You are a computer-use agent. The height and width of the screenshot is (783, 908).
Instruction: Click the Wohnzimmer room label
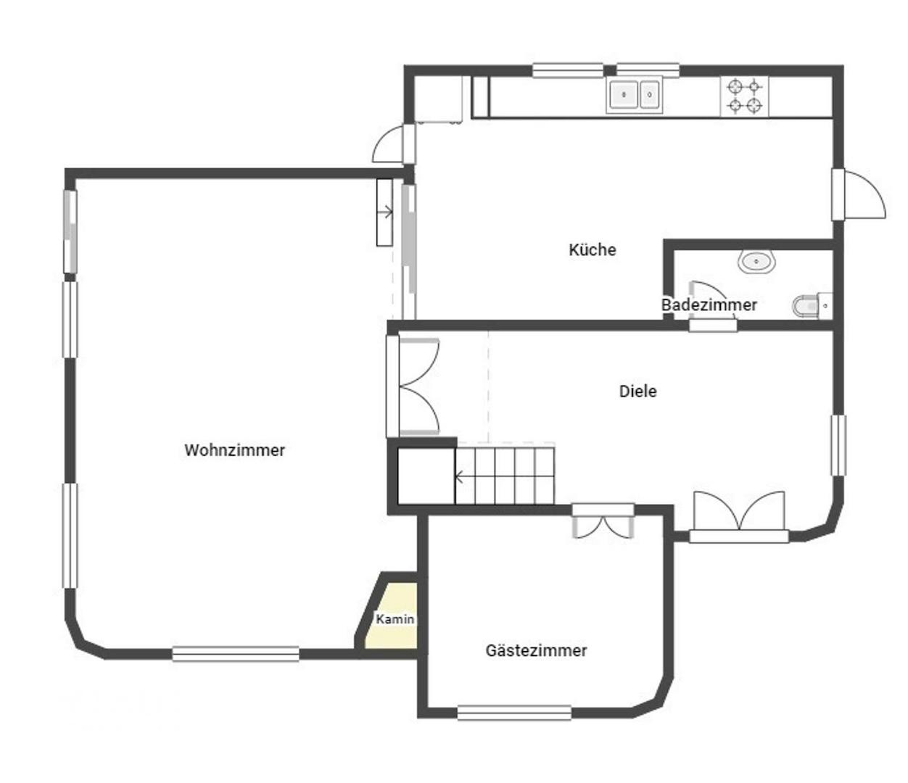pos(234,450)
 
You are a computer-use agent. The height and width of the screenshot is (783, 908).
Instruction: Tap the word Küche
pos(592,250)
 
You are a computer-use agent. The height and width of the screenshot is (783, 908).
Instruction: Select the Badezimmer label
pos(709,305)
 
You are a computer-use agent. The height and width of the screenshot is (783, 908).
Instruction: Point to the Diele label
pos(637,391)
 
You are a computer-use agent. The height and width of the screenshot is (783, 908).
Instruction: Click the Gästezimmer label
pos(536,651)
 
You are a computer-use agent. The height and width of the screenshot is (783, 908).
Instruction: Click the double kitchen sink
pos(635,95)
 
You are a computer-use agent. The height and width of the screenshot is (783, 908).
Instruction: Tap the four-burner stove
pos(745,96)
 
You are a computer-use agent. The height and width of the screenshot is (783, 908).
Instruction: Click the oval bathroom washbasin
pos(756,261)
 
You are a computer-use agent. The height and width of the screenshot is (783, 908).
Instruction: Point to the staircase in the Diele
pos(505,476)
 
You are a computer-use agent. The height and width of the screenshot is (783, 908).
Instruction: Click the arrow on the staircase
pos(460,476)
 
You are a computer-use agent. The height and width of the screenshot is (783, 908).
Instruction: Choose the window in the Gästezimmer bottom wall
pos(513,713)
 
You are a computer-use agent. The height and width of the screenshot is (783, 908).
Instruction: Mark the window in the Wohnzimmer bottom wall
pos(236,654)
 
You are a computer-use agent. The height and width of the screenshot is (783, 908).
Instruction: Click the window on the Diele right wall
pos(838,445)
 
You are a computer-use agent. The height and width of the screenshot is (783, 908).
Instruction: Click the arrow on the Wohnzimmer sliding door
pos(386,213)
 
